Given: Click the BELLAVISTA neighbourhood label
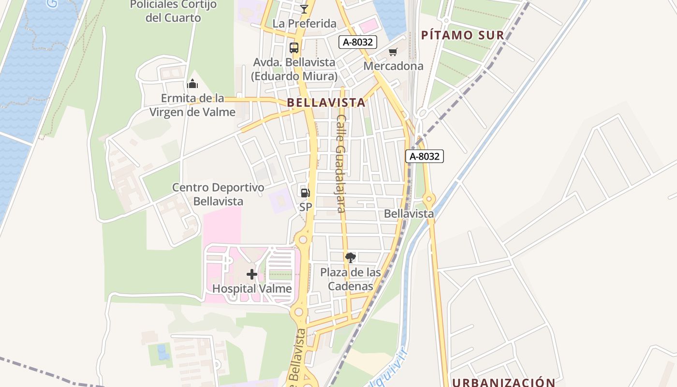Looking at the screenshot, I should pos(326,103).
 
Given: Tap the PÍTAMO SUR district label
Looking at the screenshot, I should pos(462,35).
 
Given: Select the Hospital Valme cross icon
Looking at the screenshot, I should pos(251,274).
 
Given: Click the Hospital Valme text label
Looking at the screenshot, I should pos(252,289).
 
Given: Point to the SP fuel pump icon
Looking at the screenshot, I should pos(305,193).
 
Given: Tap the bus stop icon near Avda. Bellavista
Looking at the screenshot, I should pos(294,47).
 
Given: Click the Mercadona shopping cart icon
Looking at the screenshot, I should pos(393,52).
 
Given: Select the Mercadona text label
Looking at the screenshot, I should pos(393,66).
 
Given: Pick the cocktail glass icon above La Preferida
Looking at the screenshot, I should pos(304,9).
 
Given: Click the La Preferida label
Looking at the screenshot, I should pos(304,23).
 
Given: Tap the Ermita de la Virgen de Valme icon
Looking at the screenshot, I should pos(192,84).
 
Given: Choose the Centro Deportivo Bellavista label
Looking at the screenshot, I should pos(219,194).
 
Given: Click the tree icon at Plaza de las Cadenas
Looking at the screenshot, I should pos(351,257).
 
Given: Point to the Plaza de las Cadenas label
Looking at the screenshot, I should pos(351,279).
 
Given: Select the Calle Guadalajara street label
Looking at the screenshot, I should pos(341,164).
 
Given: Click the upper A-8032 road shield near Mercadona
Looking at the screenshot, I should pos(357,42).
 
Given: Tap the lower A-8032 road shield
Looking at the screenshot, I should pos(424,156).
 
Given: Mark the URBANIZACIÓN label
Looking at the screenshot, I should pos(504,382).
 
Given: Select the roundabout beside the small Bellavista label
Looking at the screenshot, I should pos(428,199).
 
